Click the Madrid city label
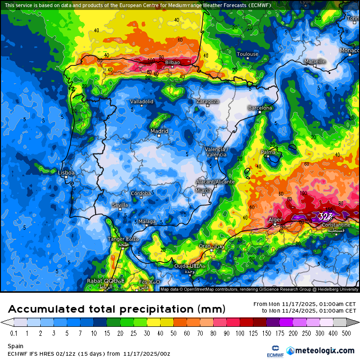[x=159, y=131]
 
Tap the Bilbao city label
[x=172, y=63]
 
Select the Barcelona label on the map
[x=261, y=108]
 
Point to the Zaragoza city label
[x=207, y=101]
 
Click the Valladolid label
[x=142, y=102]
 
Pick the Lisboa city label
[x=66, y=173]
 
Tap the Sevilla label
[x=120, y=205]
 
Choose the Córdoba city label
[x=141, y=193]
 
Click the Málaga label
[x=147, y=222]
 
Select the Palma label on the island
[x=268, y=152]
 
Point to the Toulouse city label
[x=248, y=54]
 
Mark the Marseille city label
[x=315, y=62]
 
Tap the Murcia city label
[x=203, y=190]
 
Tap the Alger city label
[x=275, y=220]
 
